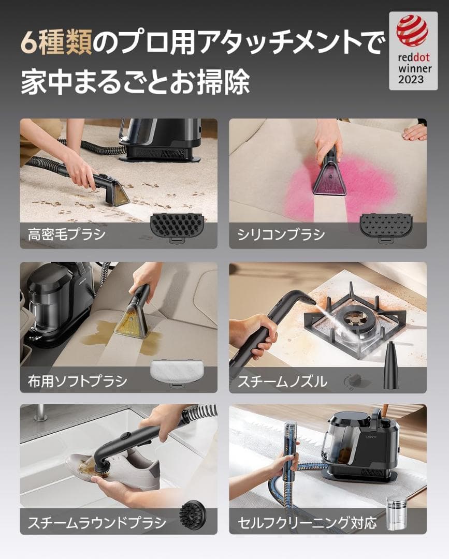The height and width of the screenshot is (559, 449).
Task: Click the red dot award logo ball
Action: [412, 31]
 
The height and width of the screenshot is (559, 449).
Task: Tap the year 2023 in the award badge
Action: [411, 79]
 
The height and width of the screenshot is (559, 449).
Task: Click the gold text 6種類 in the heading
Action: [56, 43]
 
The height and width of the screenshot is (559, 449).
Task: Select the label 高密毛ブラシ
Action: [66, 234]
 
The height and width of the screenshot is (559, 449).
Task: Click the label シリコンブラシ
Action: [281, 234]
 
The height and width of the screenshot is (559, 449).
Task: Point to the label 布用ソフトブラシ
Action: [77, 381]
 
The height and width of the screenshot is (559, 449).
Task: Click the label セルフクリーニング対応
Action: [307, 522]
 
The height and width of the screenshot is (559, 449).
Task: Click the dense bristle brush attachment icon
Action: [176, 226]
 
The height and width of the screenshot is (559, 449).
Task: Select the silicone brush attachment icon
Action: [386, 226]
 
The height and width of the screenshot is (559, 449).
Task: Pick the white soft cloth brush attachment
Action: [177, 372]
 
